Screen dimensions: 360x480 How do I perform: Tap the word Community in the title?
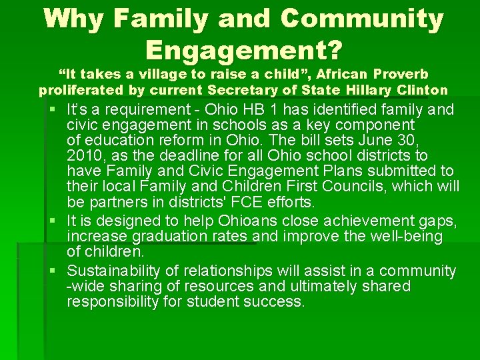[362, 20]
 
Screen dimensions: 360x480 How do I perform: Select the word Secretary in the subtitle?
[241, 89]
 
